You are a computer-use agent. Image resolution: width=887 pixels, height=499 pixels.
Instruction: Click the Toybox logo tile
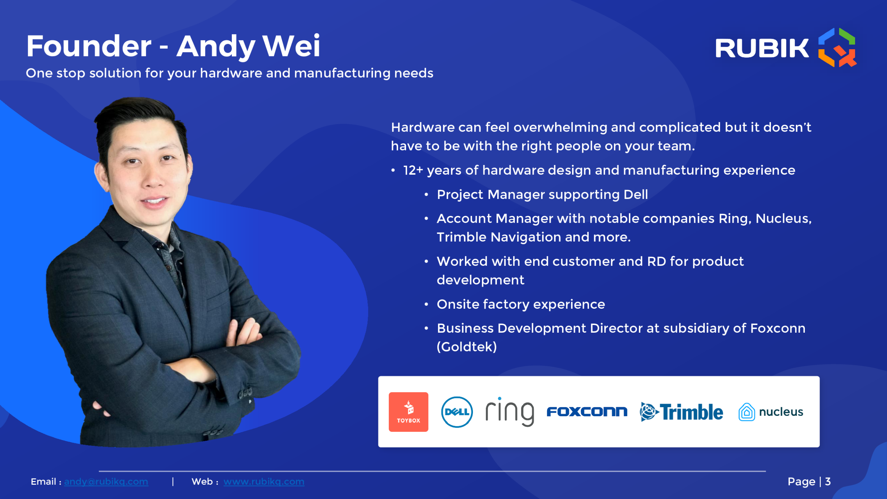pyautogui.click(x=409, y=412)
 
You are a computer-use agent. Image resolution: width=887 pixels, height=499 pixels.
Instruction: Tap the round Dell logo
pyautogui.click(x=457, y=412)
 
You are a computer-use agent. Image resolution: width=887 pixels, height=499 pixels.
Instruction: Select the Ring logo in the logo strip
pyautogui.click(x=510, y=412)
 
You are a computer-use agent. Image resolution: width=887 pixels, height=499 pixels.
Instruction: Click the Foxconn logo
pyautogui.click(x=587, y=412)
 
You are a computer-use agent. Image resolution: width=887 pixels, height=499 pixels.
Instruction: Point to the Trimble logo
pyautogui.click(x=682, y=412)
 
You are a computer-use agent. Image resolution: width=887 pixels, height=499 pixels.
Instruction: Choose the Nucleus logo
pyautogui.click(x=771, y=412)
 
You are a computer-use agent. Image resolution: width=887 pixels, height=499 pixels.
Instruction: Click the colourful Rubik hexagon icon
pyautogui.click(x=837, y=47)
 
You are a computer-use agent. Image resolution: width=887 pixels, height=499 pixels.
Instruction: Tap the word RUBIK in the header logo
pyautogui.click(x=762, y=48)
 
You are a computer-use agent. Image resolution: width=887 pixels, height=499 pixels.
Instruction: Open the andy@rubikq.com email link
pyautogui.click(x=106, y=482)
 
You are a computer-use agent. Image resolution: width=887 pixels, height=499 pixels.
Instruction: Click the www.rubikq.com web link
pyautogui.click(x=264, y=482)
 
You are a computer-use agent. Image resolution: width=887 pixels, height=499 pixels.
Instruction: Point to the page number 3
pyautogui.click(x=828, y=482)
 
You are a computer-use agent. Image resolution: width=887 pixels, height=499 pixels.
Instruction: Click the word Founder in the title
pyautogui.click(x=89, y=46)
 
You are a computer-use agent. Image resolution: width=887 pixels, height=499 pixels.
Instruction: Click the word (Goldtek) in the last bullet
pyautogui.click(x=467, y=347)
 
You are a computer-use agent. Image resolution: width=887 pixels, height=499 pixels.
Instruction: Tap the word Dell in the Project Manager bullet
pyautogui.click(x=636, y=194)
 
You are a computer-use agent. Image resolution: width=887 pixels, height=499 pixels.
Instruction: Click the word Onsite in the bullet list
pyautogui.click(x=458, y=304)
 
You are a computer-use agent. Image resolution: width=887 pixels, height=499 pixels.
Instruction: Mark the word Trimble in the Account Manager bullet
pyautogui.click(x=462, y=237)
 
